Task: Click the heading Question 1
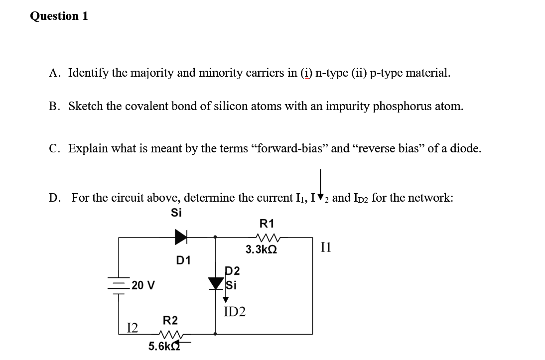(x=59, y=16)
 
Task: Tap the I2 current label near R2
(x=133, y=327)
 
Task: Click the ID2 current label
(x=235, y=312)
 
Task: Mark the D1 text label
(x=184, y=260)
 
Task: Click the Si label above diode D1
(x=176, y=213)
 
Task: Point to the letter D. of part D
(x=55, y=198)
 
